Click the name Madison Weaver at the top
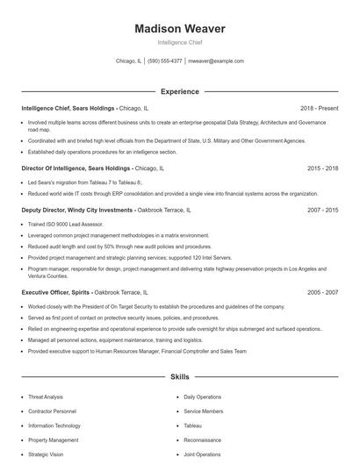point(179,28)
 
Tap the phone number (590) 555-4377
point(165,61)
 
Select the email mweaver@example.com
point(216,61)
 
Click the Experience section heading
point(179,91)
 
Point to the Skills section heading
point(179,377)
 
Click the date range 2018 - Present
point(319,108)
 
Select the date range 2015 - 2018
point(322,168)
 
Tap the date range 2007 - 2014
point(322,211)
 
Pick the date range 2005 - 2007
point(322,291)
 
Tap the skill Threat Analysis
point(46,397)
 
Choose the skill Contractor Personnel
point(52,411)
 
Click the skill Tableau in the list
point(192,426)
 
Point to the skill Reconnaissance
point(202,440)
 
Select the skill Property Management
point(53,440)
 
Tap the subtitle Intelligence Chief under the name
point(179,42)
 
